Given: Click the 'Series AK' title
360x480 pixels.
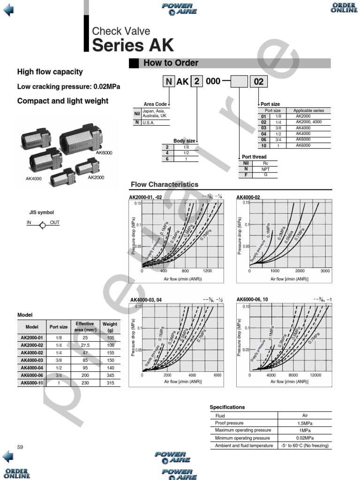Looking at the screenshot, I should pos(133,45).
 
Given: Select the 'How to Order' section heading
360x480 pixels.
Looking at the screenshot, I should pos(171,63).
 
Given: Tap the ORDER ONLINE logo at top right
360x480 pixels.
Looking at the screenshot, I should pos(344,8).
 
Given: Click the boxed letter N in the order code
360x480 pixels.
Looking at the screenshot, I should pos(168,82).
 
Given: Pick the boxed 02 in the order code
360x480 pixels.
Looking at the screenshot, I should pos(258,82).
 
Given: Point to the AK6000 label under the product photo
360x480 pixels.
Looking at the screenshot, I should pos(104,153).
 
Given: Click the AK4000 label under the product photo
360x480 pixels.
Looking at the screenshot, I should pos(34,179).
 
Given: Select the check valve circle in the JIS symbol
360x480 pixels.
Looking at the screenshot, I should pos(43,225).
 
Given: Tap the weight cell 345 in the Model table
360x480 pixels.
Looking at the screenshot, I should pos(110,375).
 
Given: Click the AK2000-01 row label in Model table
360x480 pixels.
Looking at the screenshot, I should pos(32,337).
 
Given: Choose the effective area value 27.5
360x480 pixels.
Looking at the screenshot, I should pos(85,345).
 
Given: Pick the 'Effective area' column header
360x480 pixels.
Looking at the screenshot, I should pos(85,327).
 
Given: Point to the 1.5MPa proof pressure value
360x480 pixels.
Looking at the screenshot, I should pos(304,423).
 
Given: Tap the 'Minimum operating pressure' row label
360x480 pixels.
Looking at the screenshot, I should pos(243,438).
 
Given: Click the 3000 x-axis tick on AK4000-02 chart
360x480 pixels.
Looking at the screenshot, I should pos(325,271).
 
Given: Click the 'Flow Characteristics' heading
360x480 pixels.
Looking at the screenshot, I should pos(164,185).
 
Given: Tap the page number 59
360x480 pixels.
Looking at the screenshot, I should pos(20,447).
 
